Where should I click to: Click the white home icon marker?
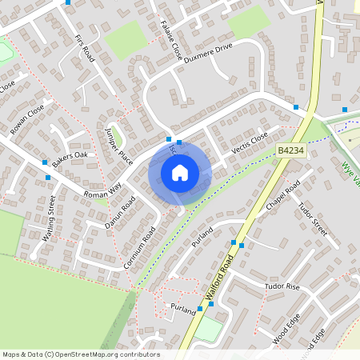[180, 172]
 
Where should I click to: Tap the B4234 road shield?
[290, 150]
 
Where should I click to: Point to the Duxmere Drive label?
[207, 52]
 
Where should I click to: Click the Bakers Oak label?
[70, 157]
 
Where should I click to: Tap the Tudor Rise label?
[281, 286]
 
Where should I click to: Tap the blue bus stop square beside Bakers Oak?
[45, 162]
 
